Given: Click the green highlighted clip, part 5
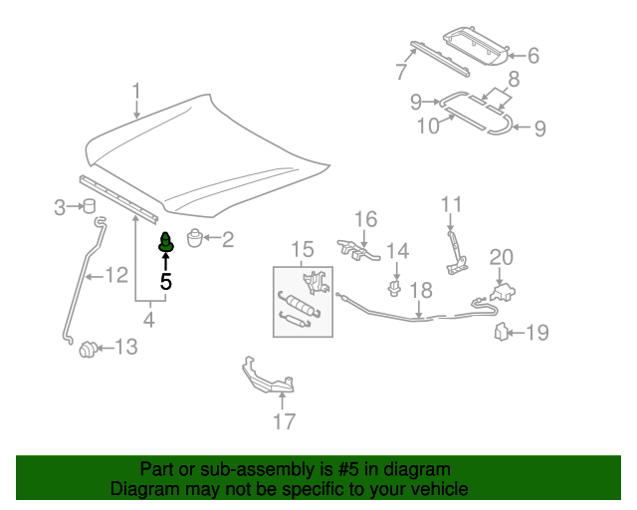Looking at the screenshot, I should coord(165,242).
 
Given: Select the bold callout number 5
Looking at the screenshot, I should coord(166,282).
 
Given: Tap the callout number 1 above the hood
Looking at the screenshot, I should coord(137,94).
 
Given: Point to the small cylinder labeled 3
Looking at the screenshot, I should coord(88,206).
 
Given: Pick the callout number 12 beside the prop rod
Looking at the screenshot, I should coord(116,275).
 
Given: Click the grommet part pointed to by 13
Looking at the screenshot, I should coord(89,348).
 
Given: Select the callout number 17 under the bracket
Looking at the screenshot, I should coord(285,421).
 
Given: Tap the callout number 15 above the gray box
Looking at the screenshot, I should coord(302,249).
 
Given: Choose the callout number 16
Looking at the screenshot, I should coord(365,219).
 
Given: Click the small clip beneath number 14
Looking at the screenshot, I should coord(395,289).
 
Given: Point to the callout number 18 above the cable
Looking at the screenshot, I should coord(421,291).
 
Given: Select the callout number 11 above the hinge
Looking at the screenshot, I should coord(452,205).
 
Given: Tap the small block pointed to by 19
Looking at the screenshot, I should coord(502,332).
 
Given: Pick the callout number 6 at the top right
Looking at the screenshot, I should coord(532,56).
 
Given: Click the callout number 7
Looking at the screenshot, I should coord(401,72).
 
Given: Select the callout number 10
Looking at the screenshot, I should coord(427,127).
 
